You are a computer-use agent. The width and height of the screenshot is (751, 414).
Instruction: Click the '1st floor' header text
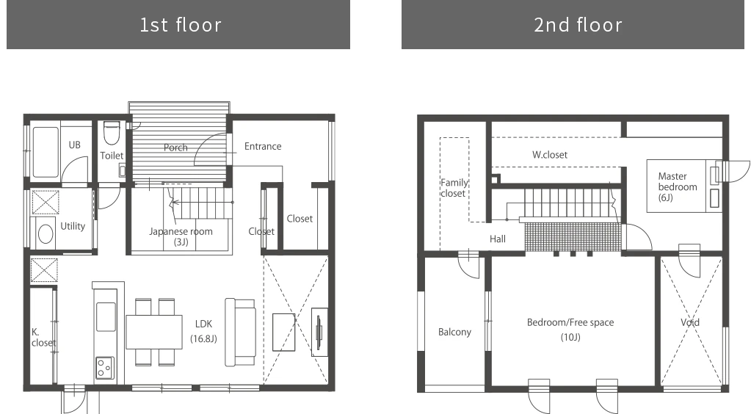coord(181,25)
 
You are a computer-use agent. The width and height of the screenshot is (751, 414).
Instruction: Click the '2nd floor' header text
coord(578,25)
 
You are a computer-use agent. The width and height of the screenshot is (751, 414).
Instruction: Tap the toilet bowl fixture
coord(111,133)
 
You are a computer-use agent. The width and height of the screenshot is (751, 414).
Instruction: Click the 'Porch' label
coord(175,148)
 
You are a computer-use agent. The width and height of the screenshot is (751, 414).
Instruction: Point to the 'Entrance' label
coord(263,146)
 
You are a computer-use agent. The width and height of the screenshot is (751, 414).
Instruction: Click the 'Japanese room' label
coord(181,231)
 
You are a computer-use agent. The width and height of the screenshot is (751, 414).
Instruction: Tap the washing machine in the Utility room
coord(45,233)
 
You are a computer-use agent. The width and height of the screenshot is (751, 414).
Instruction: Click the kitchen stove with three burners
coord(105,368)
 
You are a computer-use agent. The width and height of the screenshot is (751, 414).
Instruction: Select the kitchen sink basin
coord(106,316)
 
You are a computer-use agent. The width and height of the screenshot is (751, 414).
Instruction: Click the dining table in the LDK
coord(154,332)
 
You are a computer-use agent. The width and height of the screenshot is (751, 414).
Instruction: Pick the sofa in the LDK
coord(240,332)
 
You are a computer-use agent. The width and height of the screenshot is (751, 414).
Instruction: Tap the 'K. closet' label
coord(43,338)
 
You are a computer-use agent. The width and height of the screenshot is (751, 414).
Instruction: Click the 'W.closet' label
coord(550,155)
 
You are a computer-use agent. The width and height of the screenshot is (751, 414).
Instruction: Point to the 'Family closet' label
coord(454,188)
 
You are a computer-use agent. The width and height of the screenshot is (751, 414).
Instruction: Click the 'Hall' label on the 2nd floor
coord(498,239)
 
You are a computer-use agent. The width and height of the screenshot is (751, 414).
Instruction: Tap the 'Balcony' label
coord(454,332)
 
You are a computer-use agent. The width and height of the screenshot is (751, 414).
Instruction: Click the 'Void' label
coord(690,322)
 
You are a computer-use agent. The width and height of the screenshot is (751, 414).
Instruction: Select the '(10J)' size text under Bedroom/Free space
coord(570,338)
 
